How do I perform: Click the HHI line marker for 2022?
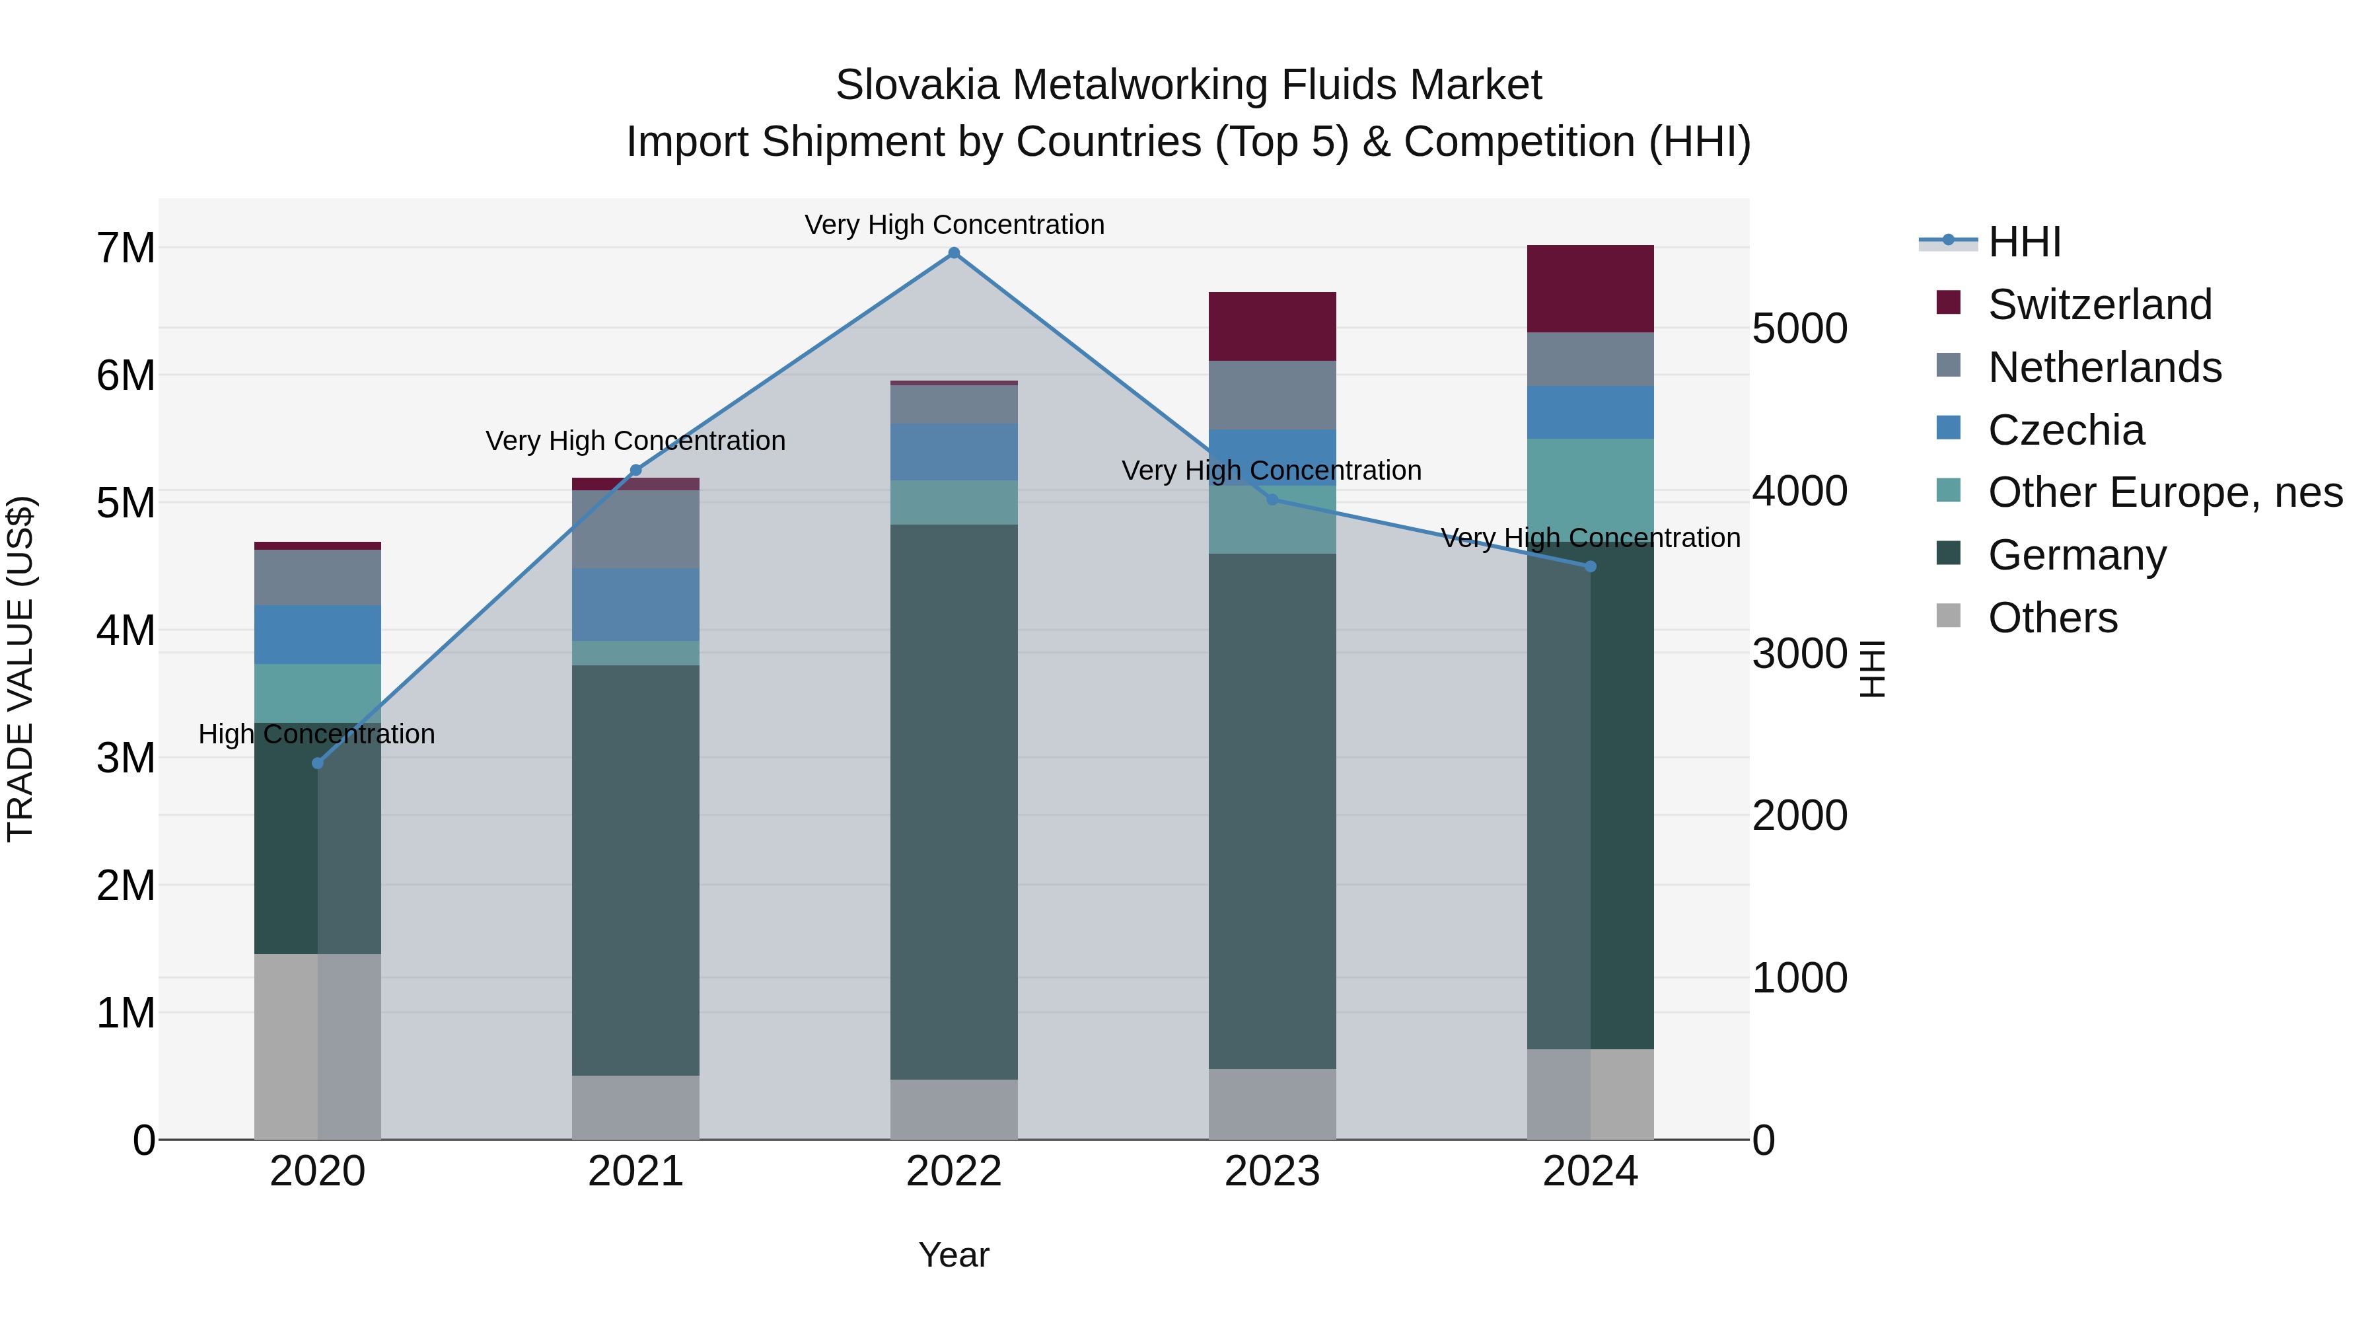click(x=954, y=253)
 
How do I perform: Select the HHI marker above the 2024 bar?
click(x=1590, y=567)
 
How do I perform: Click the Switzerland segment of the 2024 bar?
click(x=1590, y=289)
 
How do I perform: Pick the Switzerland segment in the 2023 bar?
click(x=1272, y=326)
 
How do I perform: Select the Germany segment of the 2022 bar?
click(x=954, y=801)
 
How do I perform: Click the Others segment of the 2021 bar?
click(x=635, y=1107)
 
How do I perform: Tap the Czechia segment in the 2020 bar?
click(x=318, y=634)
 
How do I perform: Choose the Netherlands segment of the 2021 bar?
click(x=635, y=529)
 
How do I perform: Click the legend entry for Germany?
click(x=2076, y=555)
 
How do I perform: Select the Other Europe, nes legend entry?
click(x=2165, y=492)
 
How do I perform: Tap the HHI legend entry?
click(x=2023, y=242)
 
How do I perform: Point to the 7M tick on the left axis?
click(x=126, y=248)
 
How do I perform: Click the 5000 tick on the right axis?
click(x=1799, y=329)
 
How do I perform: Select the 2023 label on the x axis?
click(x=1272, y=1171)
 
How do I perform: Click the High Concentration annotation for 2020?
click(x=316, y=734)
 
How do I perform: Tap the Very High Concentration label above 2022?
click(x=954, y=225)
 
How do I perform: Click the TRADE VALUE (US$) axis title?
click(x=20, y=669)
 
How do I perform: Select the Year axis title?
click(x=954, y=1255)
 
